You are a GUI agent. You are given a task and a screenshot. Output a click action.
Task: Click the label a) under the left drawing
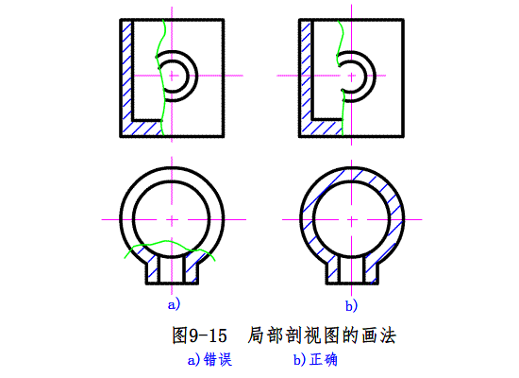click(174, 304)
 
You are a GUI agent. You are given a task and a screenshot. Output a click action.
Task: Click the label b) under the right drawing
click(351, 305)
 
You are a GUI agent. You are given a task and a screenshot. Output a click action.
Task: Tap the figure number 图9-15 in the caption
click(199, 335)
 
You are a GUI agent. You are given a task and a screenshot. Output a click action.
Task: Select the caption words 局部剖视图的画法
click(322, 335)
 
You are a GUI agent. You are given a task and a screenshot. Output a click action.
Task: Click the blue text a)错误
click(209, 360)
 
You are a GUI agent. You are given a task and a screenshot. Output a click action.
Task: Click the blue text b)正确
click(315, 360)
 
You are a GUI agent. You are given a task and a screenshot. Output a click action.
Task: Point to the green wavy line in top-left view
click(159, 77)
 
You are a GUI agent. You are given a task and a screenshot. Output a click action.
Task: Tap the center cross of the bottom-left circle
click(172, 219)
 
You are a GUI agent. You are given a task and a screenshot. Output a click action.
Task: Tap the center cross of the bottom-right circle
click(352, 219)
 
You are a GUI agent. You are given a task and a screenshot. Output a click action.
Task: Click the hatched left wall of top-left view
click(127, 71)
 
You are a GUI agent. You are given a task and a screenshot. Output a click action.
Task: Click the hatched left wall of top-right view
click(306, 71)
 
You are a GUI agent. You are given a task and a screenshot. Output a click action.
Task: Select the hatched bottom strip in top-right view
click(322, 128)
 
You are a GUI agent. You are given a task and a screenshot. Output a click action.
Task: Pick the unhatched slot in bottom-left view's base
click(172, 270)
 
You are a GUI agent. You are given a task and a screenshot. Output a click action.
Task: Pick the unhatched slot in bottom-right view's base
click(352, 270)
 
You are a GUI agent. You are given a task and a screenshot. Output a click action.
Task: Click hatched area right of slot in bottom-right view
click(371, 270)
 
